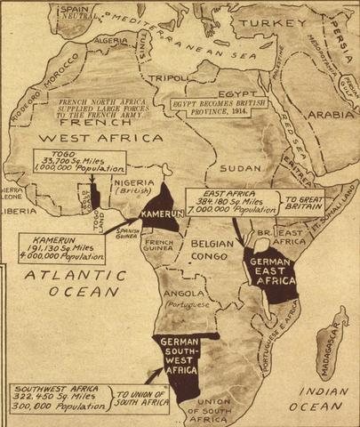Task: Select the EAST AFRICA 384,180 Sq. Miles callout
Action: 242,202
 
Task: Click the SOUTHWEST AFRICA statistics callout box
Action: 59,399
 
